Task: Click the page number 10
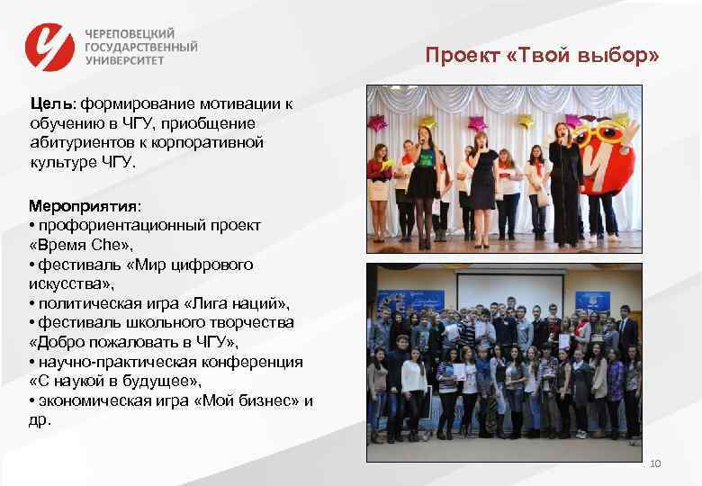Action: pos(654,463)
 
